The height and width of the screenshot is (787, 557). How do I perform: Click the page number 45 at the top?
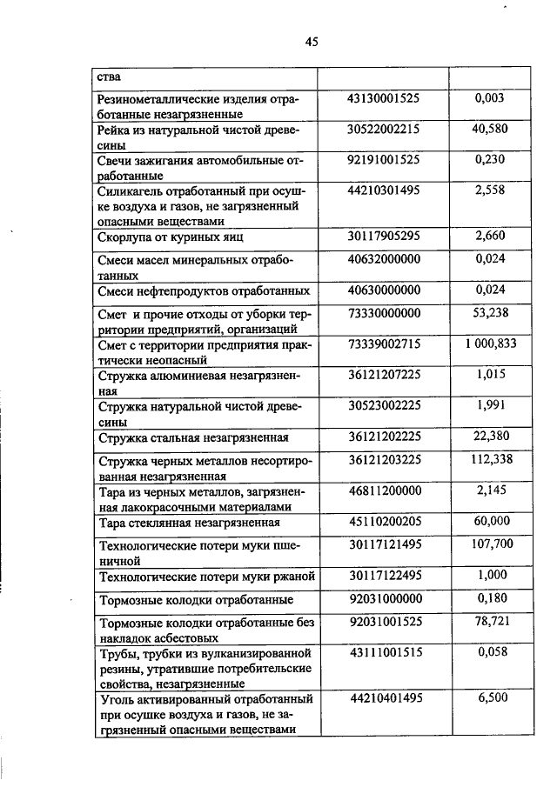[x=312, y=40]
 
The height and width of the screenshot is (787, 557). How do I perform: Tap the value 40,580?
[x=489, y=130]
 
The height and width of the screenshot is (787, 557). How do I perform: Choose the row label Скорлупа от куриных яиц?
[x=170, y=236]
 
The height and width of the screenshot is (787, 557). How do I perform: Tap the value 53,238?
[x=489, y=313]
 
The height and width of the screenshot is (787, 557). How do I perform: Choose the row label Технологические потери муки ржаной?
[x=206, y=576]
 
